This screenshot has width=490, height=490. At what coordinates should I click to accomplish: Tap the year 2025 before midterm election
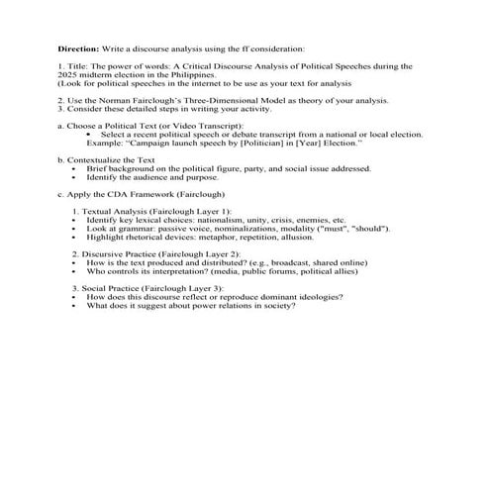point(67,74)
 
